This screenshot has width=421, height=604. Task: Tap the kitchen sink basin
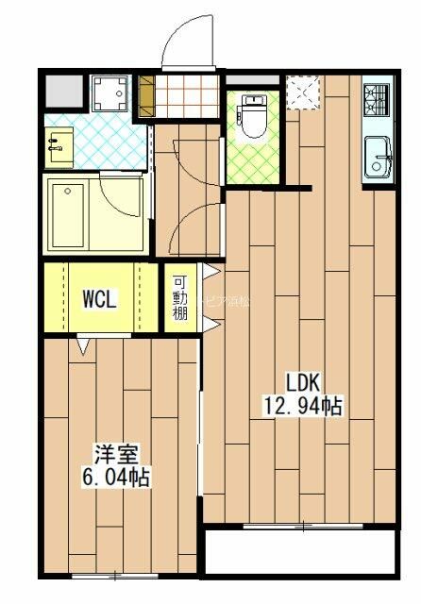[378, 155]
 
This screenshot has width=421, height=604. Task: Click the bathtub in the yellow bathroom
[73, 212]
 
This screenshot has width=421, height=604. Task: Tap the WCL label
[99, 300]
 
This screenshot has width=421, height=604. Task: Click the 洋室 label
[109, 452]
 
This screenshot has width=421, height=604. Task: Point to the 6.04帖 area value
[109, 477]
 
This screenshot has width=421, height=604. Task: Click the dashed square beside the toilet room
[304, 92]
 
